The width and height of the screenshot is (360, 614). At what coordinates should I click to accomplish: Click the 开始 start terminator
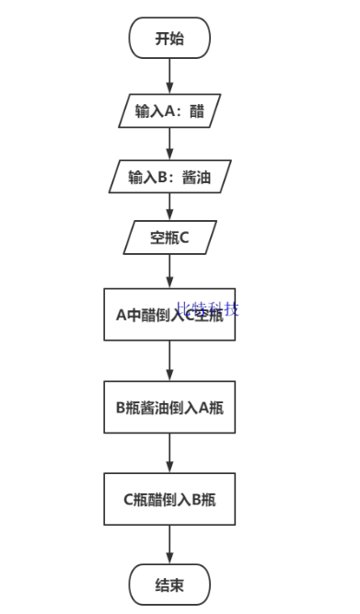pyautogui.click(x=169, y=38)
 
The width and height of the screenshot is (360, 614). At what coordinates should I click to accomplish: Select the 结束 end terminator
pyautogui.click(x=169, y=584)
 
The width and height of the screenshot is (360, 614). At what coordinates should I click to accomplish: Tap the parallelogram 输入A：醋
pyautogui.click(x=169, y=111)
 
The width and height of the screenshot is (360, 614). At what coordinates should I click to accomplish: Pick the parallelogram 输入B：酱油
pyautogui.click(x=169, y=176)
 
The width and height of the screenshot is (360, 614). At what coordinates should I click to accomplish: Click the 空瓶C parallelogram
pyautogui.click(x=169, y=237)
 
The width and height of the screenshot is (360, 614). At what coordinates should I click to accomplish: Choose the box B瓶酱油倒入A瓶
pyautogui.click(x=169, y=406)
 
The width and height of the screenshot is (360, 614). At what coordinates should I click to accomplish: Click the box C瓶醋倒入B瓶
pyautogui.click(x=169, y=499)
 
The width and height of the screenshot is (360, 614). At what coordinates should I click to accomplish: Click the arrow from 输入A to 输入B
pyautogui.click(x=169, y=144)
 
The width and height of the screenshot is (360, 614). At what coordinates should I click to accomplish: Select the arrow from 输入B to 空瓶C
pyautogui.click(x=169, y=206)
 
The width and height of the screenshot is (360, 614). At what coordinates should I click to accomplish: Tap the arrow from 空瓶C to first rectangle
pyautogui.click(x=169, y=271)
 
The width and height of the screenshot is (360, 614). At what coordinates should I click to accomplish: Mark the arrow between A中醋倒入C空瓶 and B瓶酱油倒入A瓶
pyautogui.click(x=169, y=361)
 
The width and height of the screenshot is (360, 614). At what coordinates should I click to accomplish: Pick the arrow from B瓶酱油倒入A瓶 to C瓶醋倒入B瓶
pyautogui.click(x=169, y=453)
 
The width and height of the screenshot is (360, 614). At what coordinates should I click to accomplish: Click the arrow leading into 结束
pyautogui.click(x=169, y=545)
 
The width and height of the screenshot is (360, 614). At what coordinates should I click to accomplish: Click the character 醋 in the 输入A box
pyautogui.click(x=196, y=111)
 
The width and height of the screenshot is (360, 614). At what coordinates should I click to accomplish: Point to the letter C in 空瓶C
pyautogui.click(x=184, y=237)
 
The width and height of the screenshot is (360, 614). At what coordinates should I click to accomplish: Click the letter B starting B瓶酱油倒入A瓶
pyautogui.click(x=121, y=406)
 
